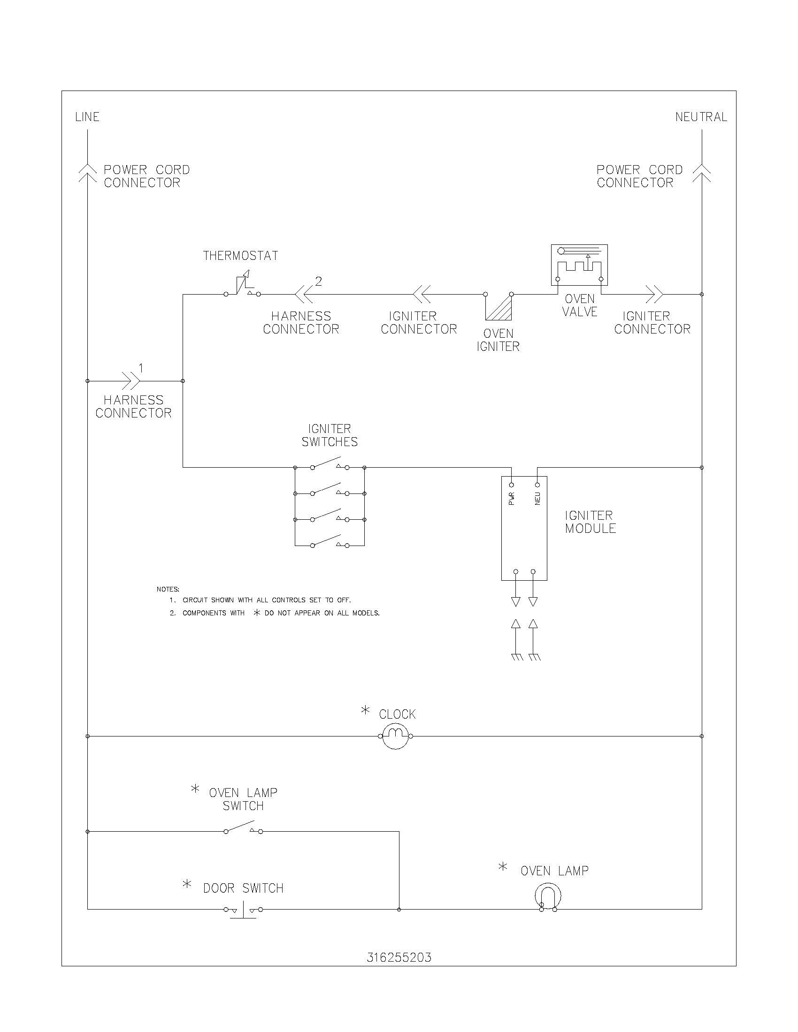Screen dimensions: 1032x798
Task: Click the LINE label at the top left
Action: tap(87, 117)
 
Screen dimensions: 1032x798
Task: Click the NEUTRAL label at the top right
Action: tap(701, 117)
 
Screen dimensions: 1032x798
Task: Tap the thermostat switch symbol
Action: tap(243, 285)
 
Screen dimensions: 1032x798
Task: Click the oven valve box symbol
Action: tap(579, 265)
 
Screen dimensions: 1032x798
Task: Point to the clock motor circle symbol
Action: tap(395, 736)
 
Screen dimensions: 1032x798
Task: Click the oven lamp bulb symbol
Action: tap(548, 896)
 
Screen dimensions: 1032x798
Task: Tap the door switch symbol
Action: tap(243, 910)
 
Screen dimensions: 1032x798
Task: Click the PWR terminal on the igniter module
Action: tap(511, 486)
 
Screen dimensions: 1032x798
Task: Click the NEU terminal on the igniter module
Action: tap(537, 486)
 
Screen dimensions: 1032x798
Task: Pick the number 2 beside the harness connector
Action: tap(318, 281)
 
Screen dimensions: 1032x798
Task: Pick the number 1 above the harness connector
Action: tap(141, 368)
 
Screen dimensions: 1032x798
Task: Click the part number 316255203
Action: tap(399, 957)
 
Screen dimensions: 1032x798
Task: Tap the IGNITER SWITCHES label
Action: tap(330, 435)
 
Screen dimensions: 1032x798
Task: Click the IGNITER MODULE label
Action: tap(590, 522)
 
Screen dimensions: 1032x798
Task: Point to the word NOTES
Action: tap(168, 589)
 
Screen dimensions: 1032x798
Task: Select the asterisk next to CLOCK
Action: tap(365, 710)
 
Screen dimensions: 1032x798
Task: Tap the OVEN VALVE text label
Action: tap(580, 305)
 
